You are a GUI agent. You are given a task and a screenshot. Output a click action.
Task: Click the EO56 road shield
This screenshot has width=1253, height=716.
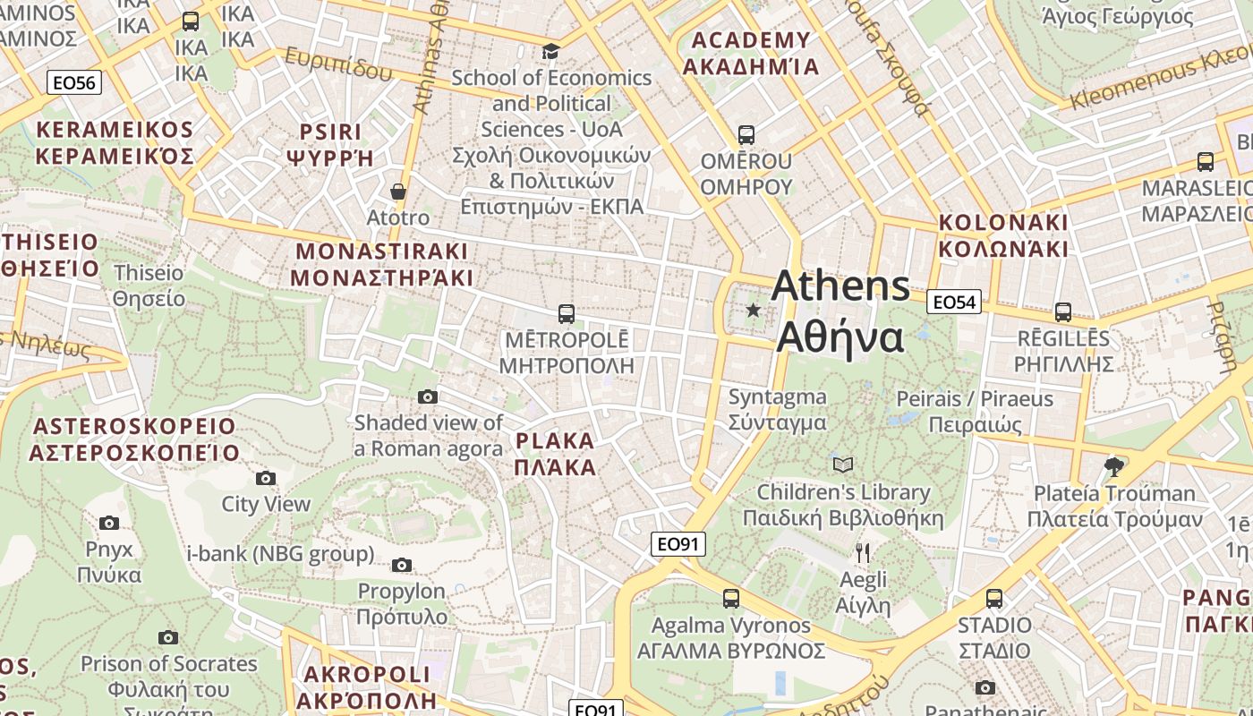pyautogui.click(x=74, y=83)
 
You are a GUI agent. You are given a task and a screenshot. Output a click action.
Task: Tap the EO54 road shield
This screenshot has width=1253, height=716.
pyautogui.click(x=953, y=303)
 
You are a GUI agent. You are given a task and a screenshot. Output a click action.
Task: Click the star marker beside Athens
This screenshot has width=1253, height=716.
pyautogui.click(x=754, y=311)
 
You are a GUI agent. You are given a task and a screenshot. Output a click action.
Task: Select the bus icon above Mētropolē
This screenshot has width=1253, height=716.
pyautogui.click(x=566, y=314)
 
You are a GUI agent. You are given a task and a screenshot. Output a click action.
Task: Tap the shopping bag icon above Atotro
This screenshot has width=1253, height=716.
pyautogui.click(x=398, y=192)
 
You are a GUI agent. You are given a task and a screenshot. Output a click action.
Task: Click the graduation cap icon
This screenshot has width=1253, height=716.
pyautogui.click(x=550, y=51)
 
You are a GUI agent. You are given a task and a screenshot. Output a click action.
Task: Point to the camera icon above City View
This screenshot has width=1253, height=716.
pyautogui.click(x=266, y=478)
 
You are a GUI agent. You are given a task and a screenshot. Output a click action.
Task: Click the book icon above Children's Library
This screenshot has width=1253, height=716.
pyautogui.click(x=842, y=465)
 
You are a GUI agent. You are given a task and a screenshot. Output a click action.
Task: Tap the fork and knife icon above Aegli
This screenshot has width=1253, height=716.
pyautogui.click(x=863, y=552)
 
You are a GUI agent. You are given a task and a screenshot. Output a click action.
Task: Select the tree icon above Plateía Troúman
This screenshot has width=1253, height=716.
pyautogui.click(x=1114, y=466)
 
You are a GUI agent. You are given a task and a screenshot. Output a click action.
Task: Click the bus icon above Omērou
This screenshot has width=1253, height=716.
pyautogui.click(x=746, y=135)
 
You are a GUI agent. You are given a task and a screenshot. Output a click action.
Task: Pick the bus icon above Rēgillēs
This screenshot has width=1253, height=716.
pyautogui.click(x=1063, y=312)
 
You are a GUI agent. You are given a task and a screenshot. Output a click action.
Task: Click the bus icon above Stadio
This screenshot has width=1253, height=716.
pyautogui.click(x=994, y=599)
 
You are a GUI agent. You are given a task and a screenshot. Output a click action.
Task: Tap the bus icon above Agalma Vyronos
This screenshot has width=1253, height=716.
pyautogui.click(x=731, y=599)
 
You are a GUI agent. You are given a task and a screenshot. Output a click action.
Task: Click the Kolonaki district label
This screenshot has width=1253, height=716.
pyautogui.click(x=1003, y=235)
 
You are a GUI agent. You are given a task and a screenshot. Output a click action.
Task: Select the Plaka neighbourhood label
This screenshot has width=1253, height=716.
pyautogui.click(x=555, y=454)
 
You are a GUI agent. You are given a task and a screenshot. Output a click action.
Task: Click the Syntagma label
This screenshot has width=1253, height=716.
pyautogui.click(x=777, y=409)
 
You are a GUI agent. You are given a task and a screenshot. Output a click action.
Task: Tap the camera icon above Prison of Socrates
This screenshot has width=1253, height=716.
pyautogui.click(x=168, y=637)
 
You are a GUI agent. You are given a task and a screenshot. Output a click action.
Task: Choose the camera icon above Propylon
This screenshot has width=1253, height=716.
pyautogui.click(x=402, y=565)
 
